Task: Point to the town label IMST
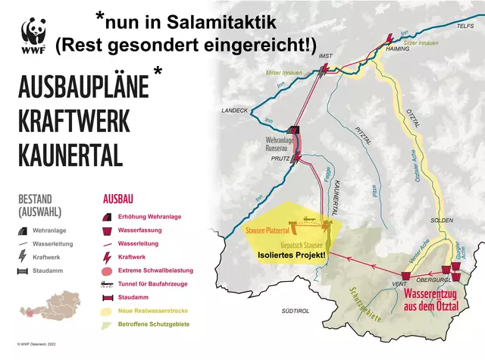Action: tap(327, 56)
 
